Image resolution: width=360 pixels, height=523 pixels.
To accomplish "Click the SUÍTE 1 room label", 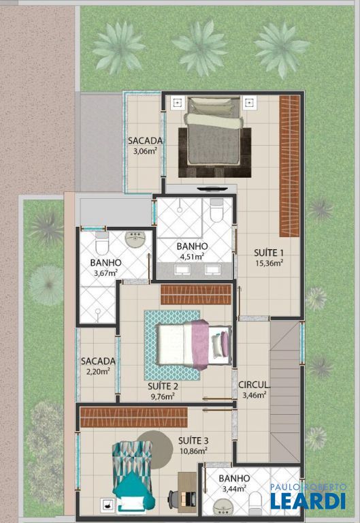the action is click(269, 252).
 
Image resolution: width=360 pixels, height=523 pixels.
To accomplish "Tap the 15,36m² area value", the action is click(269, 263).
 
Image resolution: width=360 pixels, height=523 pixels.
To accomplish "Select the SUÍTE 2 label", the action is click(163, 386).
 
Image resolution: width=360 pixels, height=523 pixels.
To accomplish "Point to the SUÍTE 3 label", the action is click(193, 441).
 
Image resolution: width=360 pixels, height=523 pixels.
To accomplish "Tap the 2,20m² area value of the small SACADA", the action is click(98, 371).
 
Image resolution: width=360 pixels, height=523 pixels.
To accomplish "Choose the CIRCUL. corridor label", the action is click(254, 385).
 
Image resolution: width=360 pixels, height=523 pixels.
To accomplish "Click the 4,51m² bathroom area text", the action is click(192, 257).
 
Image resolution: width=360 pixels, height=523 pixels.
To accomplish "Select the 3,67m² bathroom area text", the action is click(105, 273).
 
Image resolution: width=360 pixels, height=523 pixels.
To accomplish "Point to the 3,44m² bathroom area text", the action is click(234, 489).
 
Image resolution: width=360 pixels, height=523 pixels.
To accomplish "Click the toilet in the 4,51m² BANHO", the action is click(216, 210).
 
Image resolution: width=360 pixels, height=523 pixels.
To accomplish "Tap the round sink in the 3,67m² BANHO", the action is click(135, 238).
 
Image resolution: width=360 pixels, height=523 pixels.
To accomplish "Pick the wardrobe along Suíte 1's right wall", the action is click(289, 166).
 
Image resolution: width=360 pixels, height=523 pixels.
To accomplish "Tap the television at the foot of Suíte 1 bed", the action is click(212, 189).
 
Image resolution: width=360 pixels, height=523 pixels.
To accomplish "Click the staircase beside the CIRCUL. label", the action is click(284, 391).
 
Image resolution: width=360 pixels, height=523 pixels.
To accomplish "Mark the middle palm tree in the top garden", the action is click(201, 48).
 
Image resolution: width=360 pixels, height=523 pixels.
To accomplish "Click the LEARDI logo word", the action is click(308, 501).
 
